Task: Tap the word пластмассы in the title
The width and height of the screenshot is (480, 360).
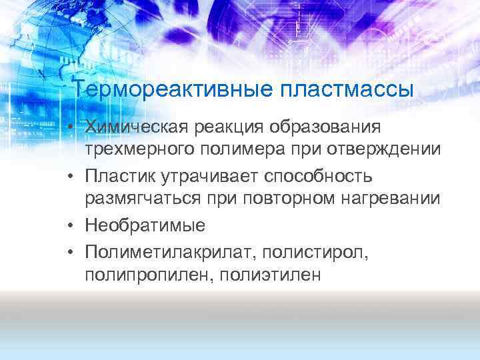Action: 347,89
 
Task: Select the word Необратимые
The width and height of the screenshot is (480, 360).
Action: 145,225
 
